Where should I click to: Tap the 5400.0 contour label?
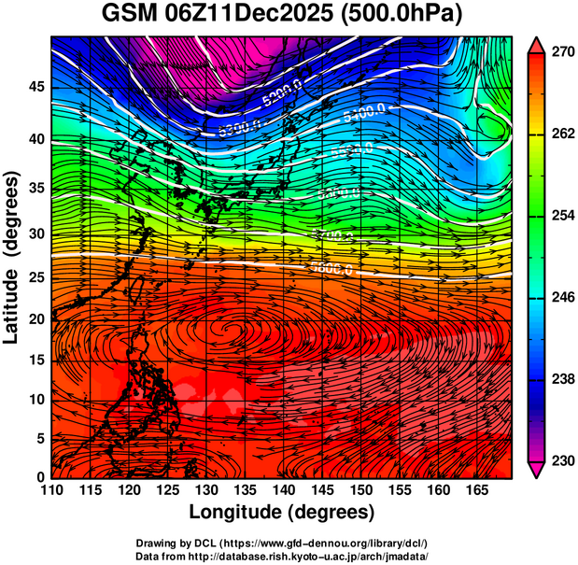[365, 114]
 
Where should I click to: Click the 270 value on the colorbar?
[562, 53]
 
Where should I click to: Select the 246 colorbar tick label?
[562, 298]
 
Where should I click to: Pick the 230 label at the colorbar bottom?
[562, 460]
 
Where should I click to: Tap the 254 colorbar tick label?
[562, 216]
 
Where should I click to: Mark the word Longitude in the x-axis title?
[238, 512]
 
